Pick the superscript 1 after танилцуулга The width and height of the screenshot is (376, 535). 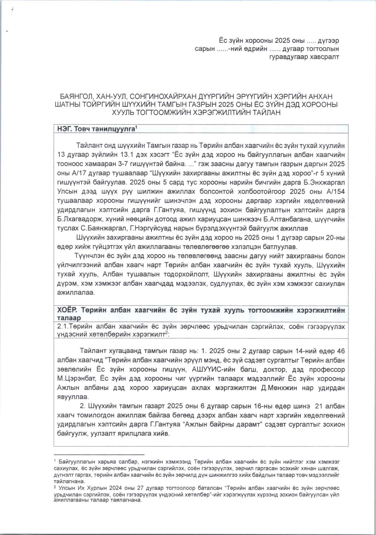[136, 127]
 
